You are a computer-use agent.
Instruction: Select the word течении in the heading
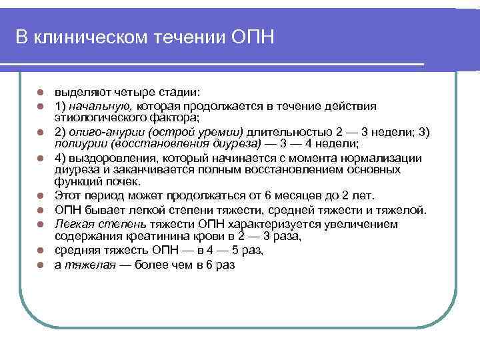tap(187, 37)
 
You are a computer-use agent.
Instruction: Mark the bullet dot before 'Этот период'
tap(40, 196)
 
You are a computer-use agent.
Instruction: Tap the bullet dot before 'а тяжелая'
tap(40, 265)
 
